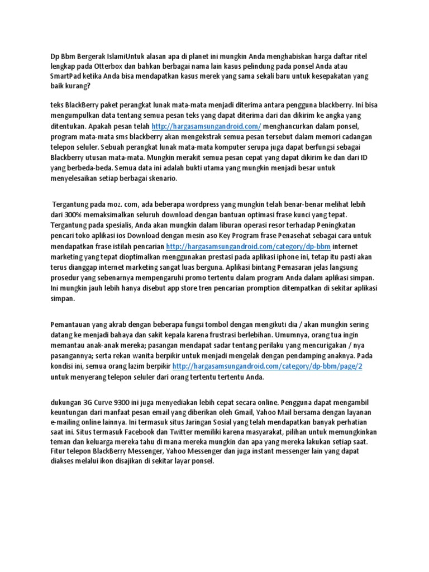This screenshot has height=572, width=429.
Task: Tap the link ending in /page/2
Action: tap(268, 366)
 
